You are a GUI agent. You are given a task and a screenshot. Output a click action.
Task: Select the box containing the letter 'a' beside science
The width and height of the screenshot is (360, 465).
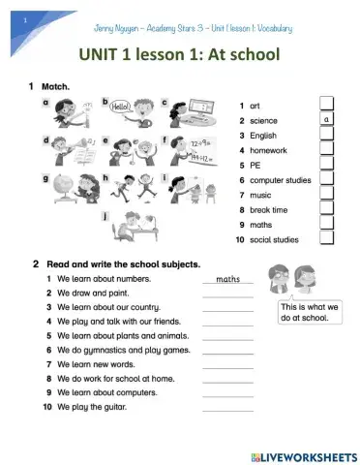click(327, 120)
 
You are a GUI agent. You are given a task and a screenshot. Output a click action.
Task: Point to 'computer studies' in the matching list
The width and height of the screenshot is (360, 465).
click(281, 180)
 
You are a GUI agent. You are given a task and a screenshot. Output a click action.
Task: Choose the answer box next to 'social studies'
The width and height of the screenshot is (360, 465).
click(327, 239)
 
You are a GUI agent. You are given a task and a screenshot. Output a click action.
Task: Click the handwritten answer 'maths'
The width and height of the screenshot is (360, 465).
click(227, 279)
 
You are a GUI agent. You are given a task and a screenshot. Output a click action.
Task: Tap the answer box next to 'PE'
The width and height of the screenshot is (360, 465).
click(327, 165)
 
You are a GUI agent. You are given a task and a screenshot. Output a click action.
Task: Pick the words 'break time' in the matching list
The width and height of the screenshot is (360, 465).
click(272, 209)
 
